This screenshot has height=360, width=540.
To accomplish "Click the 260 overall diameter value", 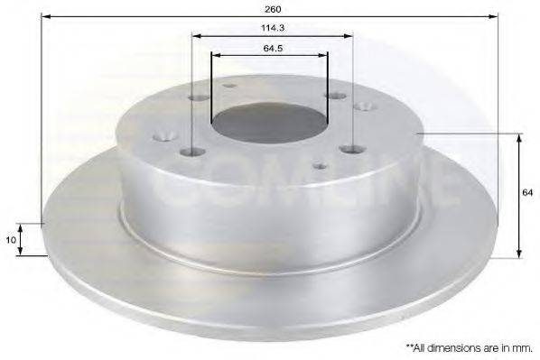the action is [x=273, y=9].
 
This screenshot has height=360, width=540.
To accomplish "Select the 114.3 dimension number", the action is [x=273, y=28].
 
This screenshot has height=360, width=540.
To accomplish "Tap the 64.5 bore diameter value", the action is [x=273, y=48].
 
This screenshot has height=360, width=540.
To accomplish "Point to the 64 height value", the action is [x=527, y=193].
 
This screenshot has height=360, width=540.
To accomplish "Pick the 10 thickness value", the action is [x=11, y=239].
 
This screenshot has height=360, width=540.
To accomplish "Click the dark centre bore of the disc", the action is [x=269, y=123].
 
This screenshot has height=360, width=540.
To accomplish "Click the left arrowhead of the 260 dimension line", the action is [x=46, y=16].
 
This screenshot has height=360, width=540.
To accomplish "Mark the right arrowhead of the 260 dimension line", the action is [x=494, y=16].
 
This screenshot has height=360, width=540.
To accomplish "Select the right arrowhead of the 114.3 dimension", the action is [x=349, y=36].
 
